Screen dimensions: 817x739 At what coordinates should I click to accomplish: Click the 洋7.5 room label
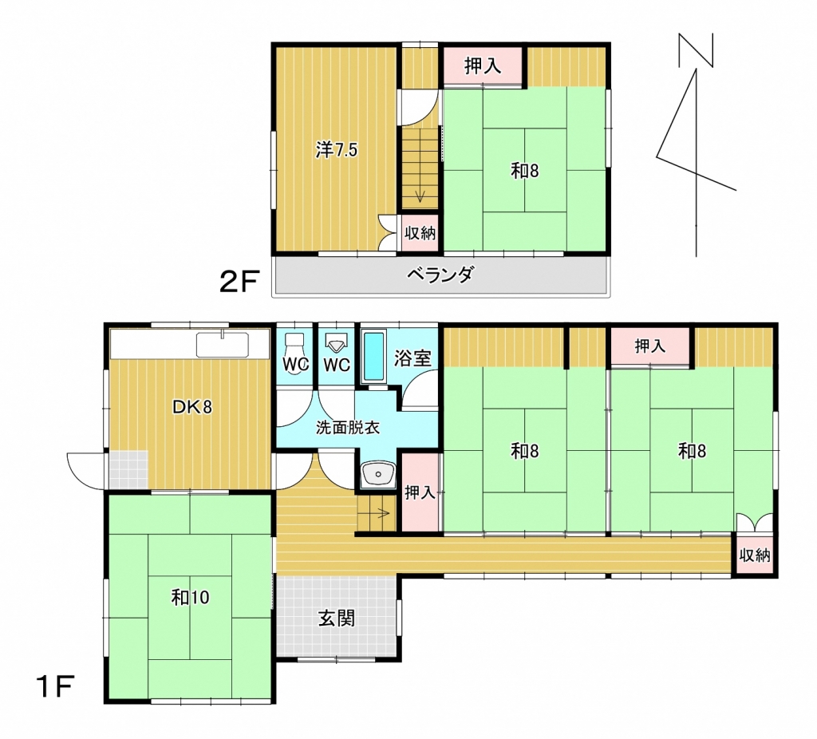coord(337,150)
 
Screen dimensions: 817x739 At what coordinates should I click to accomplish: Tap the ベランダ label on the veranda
coord(440,274)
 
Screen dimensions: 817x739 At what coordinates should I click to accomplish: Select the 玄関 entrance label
coord(337,618)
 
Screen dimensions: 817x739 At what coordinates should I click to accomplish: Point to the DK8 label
coord(192,407)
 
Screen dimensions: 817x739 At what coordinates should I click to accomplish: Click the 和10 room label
coord(190,597)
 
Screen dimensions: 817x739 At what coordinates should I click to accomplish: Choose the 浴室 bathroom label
coord(412,358)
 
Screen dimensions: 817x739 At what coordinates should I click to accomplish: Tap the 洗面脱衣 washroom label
coord(348,427)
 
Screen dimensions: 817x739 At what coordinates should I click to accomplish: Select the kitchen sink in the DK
coord(223,345)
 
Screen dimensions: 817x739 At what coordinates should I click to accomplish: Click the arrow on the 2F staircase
coord(420,196)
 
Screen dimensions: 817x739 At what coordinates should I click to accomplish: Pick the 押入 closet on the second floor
coord(483,65)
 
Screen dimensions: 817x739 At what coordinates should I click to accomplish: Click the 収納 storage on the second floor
coord(420,233)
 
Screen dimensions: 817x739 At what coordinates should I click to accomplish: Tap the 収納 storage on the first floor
coord(754,555)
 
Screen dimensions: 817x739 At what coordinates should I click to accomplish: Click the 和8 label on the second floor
coord(524,171)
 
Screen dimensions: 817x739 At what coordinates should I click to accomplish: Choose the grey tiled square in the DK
coord(128,469)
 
